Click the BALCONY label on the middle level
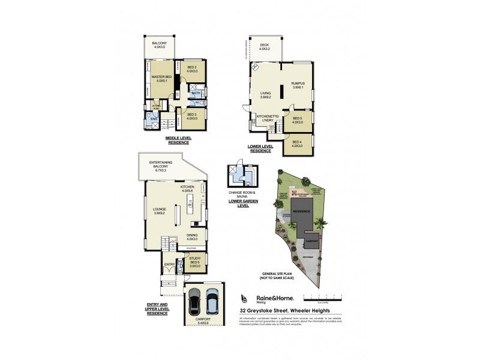(x=159, y=45)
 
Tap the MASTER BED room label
(x=158, y=79)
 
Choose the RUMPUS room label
(x=298, y=85)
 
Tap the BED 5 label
(x=298, y=120)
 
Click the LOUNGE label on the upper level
(x=159, y=211)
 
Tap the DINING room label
(x=192, y=237)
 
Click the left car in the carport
(x=194, y=303)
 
